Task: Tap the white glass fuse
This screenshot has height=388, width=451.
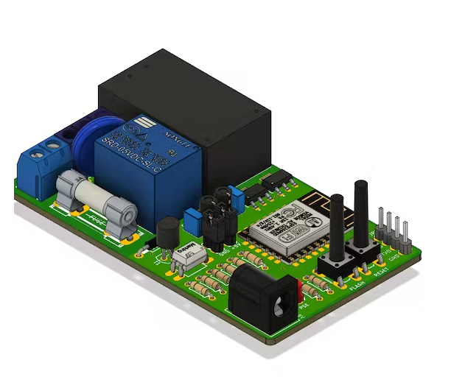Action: (96, 195)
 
